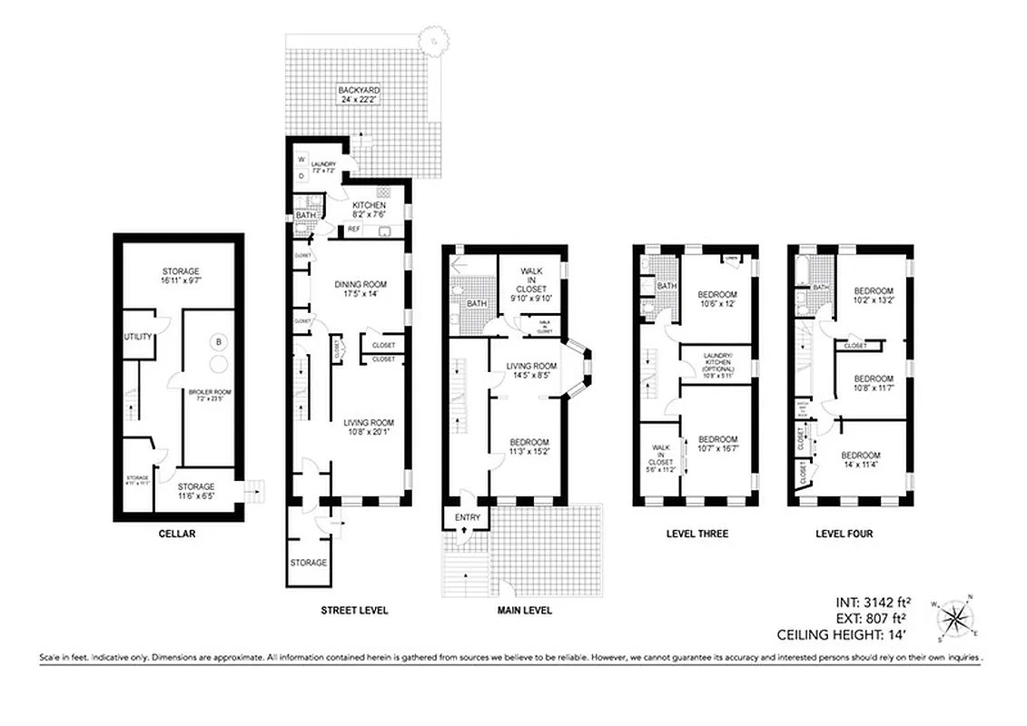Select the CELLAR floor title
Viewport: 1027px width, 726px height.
tap(176, 535)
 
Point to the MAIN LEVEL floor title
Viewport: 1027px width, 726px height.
tap(524, 611)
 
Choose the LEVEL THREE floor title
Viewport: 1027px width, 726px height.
tap(696, 534)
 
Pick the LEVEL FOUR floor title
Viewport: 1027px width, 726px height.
tap(844, 534)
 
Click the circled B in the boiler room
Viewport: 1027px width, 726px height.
tap(218, 342)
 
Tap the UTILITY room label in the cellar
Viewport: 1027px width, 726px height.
tap(138, 338)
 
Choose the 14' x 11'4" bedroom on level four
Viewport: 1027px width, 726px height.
tap(860, 460)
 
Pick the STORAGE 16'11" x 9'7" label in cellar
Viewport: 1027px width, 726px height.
tap(181, 276)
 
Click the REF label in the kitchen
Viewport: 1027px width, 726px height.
tap(353, 229)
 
